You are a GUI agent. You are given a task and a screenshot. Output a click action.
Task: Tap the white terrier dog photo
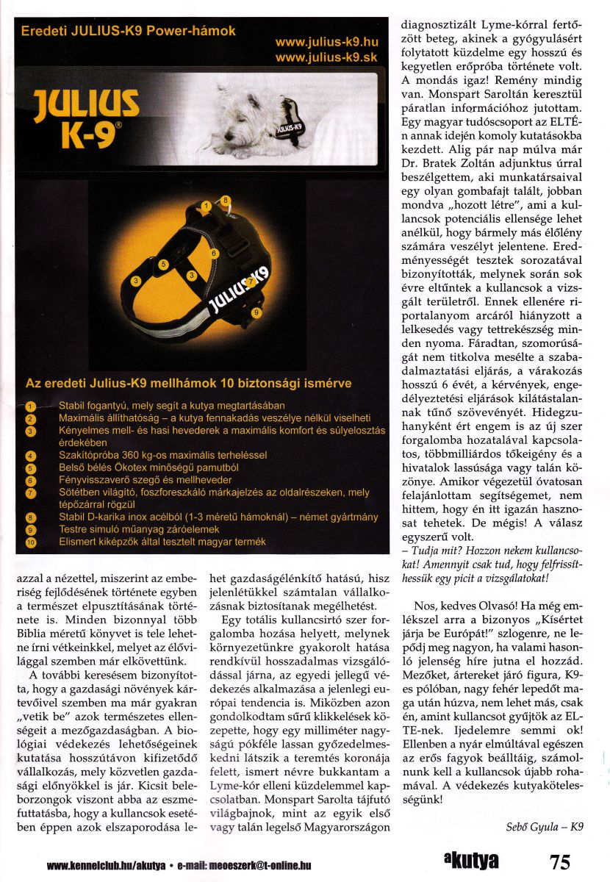point(257,119)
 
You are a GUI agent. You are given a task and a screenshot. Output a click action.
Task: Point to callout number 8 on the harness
point(226,199)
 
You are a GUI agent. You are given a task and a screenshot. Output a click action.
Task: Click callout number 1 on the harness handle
point(208,207)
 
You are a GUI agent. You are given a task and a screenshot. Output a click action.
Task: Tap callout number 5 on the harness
point(164,263)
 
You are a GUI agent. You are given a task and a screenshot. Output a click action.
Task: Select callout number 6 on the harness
point(214,254)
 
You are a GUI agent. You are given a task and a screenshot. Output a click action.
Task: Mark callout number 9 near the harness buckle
point(256,313)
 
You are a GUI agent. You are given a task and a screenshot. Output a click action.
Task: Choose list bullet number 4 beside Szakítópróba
point(29,456)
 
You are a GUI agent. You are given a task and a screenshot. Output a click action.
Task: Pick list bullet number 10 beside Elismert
point(29,542)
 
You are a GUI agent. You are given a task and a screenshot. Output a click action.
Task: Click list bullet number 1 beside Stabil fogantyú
point(29,406)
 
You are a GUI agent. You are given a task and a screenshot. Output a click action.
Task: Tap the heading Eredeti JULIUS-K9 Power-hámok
point(129,32)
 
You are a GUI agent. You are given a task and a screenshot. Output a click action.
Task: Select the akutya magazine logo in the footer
point(470,861)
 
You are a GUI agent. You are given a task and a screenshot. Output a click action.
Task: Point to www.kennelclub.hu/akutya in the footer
point(106,866)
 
